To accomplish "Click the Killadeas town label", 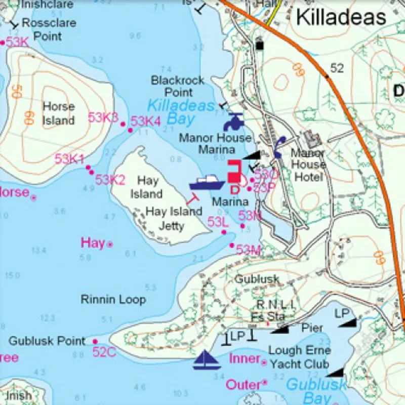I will pyautogui.click(x=341, y=17).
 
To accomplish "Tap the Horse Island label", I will pyautogui.click(x=58, y=113).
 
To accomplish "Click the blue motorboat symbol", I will pyautogui.click(x=207, y=182).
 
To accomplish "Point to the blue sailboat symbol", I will pyautogui.click(x=206, y=359).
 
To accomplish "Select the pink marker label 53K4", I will pyautogui.click(x=145, y=121).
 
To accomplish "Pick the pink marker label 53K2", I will pyautogui.click(x=110, y=179).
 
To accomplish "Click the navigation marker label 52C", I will pyautogui.click(x=104, y=352).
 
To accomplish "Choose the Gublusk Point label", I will pyautogui.click(x=47, y=341).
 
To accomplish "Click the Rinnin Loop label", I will pyautogui.click(x=113, y=299).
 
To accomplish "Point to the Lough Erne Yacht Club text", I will pyautogui.click(x=299, y=357).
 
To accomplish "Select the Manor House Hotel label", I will pyautogui.click(x=308, y=165).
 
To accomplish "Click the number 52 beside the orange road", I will pyautogui.click(x=337, y=68).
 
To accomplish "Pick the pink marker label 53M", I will pyautogui.click(x=248, y=250).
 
